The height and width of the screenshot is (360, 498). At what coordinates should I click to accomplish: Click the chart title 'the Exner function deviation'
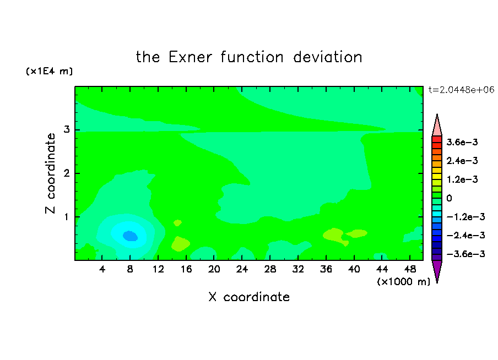pos(249,57)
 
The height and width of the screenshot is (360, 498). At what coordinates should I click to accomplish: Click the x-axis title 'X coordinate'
pos(249,297)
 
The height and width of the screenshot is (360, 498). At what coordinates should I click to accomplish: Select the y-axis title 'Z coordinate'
pos(51,173)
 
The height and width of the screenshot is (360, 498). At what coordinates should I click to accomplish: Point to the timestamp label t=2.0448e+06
pos(461,90)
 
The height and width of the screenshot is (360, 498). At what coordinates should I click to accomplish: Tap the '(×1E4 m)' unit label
pos(49,71)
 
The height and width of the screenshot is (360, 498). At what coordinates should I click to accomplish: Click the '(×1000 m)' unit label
pos(403,282)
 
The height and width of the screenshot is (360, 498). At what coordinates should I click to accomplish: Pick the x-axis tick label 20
pos(214,269)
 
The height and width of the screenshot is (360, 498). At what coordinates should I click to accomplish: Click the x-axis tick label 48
pos(410,269)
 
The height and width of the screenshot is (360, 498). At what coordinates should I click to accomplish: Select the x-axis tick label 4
pos(102,269)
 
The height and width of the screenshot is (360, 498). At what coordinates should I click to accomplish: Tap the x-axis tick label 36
pos(326,269)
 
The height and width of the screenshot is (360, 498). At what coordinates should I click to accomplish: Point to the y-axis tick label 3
pos(67,129)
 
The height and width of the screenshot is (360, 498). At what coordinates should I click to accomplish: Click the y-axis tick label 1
pos(67,217)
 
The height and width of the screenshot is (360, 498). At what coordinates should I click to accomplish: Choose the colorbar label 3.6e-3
pos(462,142)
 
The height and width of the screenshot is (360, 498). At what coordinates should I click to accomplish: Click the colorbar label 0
pos(449,198)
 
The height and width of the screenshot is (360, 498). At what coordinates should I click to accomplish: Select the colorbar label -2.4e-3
pos(465,235)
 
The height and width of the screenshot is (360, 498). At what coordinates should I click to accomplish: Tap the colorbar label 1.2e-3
pos(462,179)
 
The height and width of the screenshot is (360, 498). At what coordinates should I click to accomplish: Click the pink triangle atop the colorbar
pos(437,127)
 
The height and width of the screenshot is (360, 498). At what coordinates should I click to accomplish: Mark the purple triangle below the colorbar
pos(437,270)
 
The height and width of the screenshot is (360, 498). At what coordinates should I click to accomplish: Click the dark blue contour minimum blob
pos(130,236)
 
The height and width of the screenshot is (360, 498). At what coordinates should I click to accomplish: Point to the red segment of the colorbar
pos(437,139)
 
